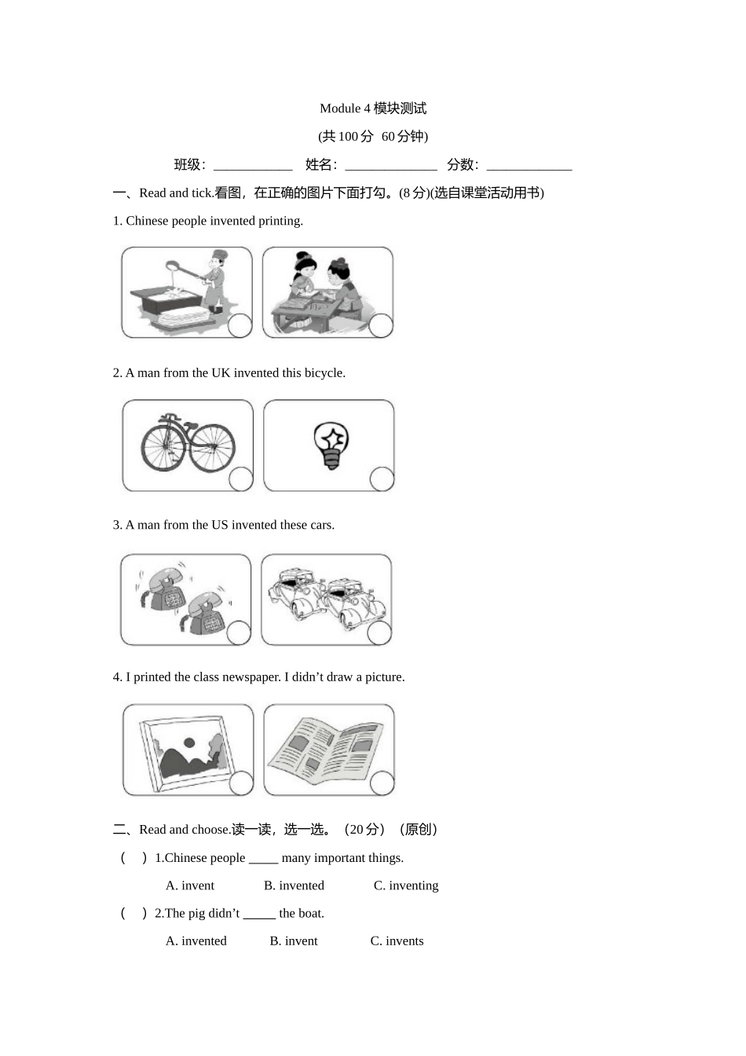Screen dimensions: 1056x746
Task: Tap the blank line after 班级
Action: tap(253, 166)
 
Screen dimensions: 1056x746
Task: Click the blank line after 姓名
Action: tap(390, 166)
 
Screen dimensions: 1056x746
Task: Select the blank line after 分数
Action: tap(528, 166)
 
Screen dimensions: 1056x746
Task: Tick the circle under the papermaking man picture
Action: tap(240, 325)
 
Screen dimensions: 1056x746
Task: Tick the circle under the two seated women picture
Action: tap(381, 325)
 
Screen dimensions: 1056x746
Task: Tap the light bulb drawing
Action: tap(331, 445)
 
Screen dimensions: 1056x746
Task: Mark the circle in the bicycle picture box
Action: tap(240, 478)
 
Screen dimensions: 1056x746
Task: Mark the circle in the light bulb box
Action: tap(382, 478)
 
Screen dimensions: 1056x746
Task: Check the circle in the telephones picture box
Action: tap(239, 632)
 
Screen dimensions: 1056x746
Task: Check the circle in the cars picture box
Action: tap(379, 632)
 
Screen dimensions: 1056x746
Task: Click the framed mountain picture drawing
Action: tap(185, 750)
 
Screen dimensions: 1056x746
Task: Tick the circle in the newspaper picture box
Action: tap(382, 783)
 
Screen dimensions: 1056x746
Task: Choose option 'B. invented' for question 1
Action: tap(294, 885)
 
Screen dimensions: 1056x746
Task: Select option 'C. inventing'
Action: tap(405, 885)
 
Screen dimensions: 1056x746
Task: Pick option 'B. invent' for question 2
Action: tap(294, 940)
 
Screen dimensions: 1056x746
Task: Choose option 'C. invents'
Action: tap(397, 940)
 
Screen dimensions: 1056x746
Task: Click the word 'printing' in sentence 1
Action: tap(280, 221)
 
